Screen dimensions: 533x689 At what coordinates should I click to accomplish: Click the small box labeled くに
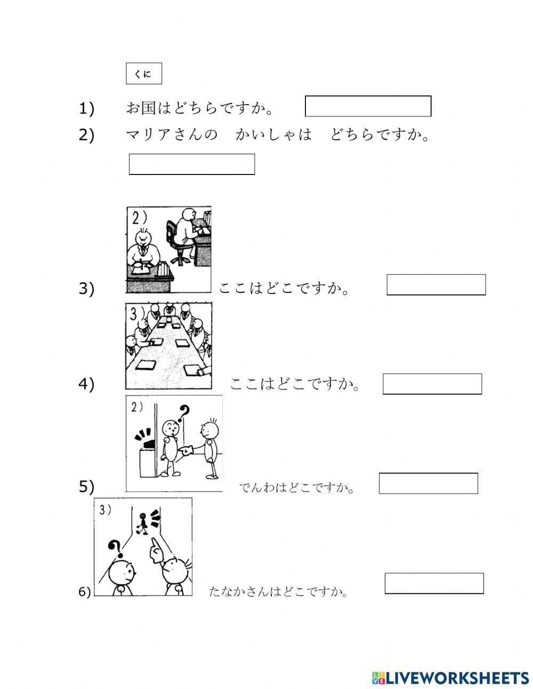[144, 73]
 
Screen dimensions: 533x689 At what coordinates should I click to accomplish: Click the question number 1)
[86, 109]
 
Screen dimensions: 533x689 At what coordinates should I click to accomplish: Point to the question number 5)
[86, 486]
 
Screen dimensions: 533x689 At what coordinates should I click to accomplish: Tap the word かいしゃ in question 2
[273, 134]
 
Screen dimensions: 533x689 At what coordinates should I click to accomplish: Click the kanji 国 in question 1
[149, 108]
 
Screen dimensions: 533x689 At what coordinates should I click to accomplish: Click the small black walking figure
[143, 524]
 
